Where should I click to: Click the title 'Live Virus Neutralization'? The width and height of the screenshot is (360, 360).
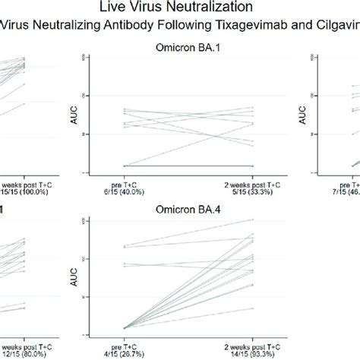[x=180, y=8]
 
